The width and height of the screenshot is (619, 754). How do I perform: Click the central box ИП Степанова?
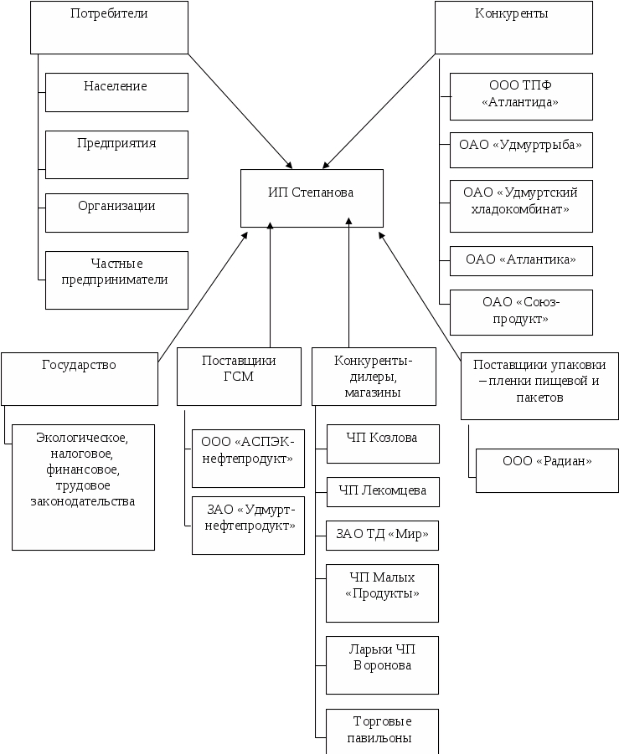click(x=312, y=198)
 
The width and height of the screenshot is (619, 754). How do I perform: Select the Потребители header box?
click(x=109, y=27)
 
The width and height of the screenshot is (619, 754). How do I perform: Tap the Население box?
click(x=116, y=92)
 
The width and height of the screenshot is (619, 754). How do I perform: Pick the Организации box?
click(x=116, y=213)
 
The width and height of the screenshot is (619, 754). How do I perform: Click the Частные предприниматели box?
click(x=116, y=280)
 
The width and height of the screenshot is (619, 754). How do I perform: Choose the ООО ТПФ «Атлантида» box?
click(x=521, y=95)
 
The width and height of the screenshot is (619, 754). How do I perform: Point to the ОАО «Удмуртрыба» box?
click(x=521, y=151)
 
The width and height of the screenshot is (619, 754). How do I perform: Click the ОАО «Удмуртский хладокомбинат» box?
click(x=521, y=206)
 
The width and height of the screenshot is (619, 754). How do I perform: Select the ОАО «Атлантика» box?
click(x=521, y=261)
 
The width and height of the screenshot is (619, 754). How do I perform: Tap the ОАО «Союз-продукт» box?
click(x=521, y=312)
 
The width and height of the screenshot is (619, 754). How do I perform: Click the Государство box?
click(x=80, y=378)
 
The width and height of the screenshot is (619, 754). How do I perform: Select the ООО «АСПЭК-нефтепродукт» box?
click(x=248, y=459)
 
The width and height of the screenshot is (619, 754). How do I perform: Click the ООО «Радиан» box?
click(x=547, y=470)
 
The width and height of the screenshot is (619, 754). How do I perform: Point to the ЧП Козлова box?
click(x=383, y=444)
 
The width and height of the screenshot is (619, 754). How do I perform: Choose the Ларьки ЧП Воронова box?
click(x=383, y=664)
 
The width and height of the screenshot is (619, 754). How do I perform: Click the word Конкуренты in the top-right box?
click(x=512, y=14)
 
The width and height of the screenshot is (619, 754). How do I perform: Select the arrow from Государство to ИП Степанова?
click(x=203, y=293)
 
